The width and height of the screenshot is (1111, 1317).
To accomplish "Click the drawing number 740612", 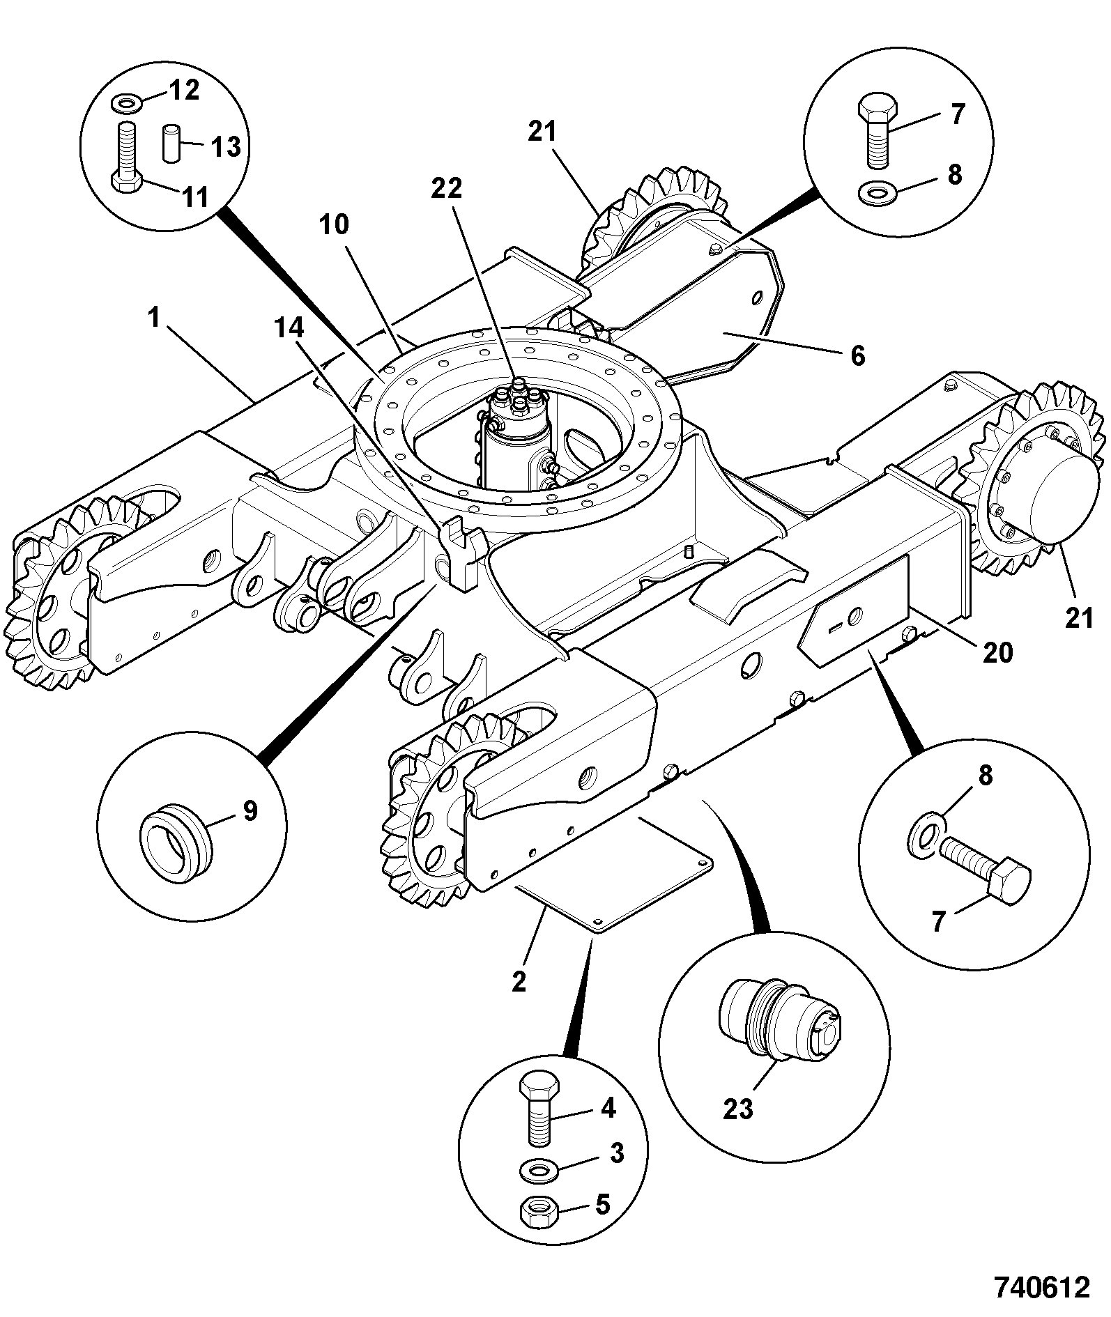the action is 1041,1286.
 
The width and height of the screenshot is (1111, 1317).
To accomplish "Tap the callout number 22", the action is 446,188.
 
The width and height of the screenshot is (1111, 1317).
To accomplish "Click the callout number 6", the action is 858,355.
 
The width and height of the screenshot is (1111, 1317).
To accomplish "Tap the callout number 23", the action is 738,1109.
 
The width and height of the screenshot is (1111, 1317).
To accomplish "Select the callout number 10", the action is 335,226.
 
